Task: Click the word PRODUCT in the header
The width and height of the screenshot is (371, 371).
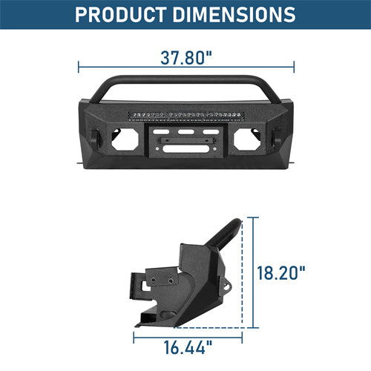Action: tap(123, 14)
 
